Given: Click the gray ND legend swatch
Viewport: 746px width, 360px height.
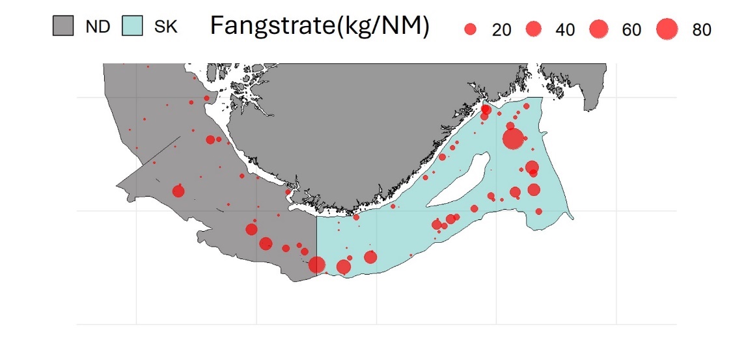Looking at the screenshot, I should (x=64, y=27).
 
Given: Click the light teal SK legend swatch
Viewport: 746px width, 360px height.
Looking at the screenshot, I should (x=133, y=27).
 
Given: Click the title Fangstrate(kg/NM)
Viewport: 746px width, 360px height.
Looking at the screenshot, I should (x=319, y=27).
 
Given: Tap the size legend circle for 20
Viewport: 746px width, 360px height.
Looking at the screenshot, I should (x=471, y=29).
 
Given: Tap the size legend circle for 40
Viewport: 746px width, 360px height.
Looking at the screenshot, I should (x=534, y=29).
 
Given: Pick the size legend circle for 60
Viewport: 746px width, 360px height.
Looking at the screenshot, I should (x=599, y=29).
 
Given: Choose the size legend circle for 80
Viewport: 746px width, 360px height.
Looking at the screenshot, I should (x=667, y=29).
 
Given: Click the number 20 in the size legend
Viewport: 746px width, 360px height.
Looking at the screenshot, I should (x=501, y=30).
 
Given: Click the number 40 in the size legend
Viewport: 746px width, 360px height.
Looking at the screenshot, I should (x=565, y=30).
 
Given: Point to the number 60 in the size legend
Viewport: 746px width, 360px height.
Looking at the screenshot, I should (x=631, y=30).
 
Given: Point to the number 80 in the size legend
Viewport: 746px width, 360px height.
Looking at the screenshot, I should (x=702, y=30).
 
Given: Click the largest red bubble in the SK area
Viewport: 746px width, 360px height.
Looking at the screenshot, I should (x=513, y=138).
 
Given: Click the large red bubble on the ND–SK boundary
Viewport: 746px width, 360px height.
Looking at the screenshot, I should (x=317, y=264).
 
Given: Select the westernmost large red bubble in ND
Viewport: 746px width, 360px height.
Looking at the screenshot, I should (x=178, y=191).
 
